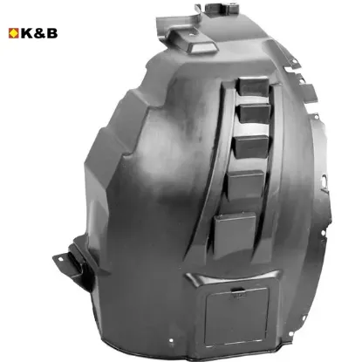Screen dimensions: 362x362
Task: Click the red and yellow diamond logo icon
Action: [x=13, y=33]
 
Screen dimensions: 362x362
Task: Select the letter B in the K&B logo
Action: [x=52, y=33]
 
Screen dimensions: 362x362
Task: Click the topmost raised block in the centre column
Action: [x=252, y=85]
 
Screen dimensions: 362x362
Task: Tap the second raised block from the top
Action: [x=255, y=113]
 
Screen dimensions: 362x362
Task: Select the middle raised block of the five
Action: [x=252, y=147]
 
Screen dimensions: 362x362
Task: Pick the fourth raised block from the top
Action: [x=246, y=184]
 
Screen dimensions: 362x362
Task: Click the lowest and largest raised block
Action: [x=235, y=234]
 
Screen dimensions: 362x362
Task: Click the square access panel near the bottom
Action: [x=236, y=316]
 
